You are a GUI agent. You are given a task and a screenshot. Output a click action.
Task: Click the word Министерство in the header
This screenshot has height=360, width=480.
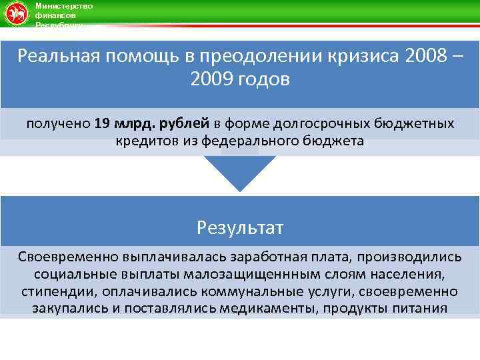(64, 6)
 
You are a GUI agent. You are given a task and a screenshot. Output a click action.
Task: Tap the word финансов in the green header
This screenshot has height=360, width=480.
(55, 15)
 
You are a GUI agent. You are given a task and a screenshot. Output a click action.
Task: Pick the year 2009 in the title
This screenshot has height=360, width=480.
(211, 81)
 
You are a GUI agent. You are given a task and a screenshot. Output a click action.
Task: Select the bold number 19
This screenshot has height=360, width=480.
(102, 123)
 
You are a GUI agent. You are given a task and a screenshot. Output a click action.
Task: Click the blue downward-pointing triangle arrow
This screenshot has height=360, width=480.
(239, 172)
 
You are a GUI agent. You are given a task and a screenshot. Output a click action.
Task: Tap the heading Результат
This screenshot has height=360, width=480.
(240, 228)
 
